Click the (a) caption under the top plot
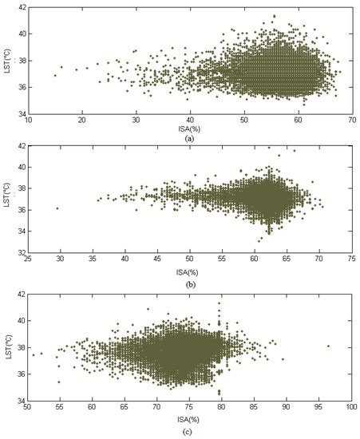pos(189,138)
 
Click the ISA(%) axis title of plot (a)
pos(189,129)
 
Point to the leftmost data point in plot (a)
pos(55,75)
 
